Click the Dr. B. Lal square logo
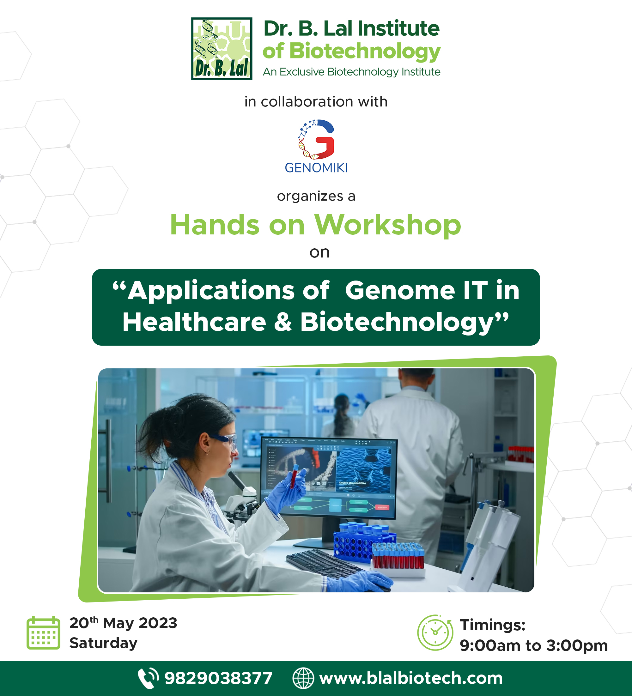(x=222, y=49)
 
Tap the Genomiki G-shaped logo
(x=316, y=139)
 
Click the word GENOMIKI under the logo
(x=316, y=168)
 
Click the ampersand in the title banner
(x=283, y=322)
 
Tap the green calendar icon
(x=44, y=632)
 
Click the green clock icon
(x=435, y=632)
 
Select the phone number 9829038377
(x=218, y=678)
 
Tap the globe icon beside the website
(x=303, y=678)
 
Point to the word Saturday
(x=103, y=643)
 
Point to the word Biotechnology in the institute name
(x=365, y=51)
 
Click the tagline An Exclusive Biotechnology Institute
(x=352, y=72)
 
